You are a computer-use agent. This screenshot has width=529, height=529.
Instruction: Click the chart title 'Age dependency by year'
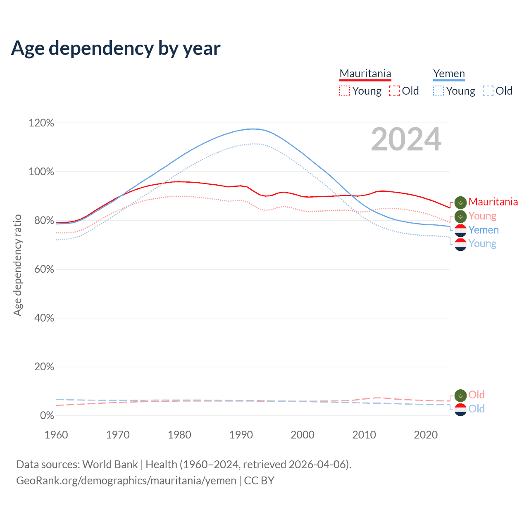(116, 48)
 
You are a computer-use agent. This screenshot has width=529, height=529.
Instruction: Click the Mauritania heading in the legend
(365, 74)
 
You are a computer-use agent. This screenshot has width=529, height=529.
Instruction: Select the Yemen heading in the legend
(449, 74)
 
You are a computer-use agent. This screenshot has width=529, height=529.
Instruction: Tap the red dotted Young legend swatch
(345, 91)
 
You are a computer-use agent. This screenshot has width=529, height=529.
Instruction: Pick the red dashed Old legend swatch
(394, 91)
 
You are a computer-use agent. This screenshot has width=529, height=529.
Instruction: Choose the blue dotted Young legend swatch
(438, 91)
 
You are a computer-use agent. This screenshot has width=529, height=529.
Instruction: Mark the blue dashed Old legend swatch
(488, 91)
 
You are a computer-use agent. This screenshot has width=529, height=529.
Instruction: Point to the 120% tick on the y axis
(41, 123)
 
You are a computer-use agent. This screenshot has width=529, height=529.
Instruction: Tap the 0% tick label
(47, 415)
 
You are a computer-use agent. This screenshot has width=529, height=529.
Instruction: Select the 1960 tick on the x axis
(56, 435)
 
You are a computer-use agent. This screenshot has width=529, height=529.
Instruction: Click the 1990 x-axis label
(241, 435)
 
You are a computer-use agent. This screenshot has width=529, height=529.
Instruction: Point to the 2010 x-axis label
(364, 435)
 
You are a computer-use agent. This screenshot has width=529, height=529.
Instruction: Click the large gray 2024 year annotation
(406, 139)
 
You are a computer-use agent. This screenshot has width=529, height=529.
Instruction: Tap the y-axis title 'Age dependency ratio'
(18, 265)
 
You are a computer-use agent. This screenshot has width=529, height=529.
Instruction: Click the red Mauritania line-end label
(493, 202)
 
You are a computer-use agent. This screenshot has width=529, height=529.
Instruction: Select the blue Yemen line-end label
(484, 230)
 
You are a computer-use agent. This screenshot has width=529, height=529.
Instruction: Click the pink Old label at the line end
(477, 395)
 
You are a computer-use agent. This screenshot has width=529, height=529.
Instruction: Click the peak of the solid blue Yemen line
(253, 129)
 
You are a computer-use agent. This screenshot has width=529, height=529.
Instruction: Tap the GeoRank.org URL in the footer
(126, 481)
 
